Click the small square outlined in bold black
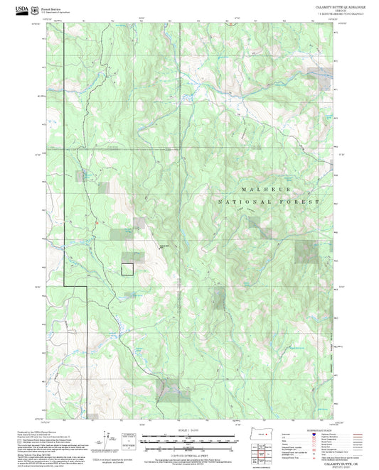tap(127, 268)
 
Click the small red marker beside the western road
tap(94, 225)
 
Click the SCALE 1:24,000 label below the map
tap(188, 430)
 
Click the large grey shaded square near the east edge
tap(306, 251)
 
